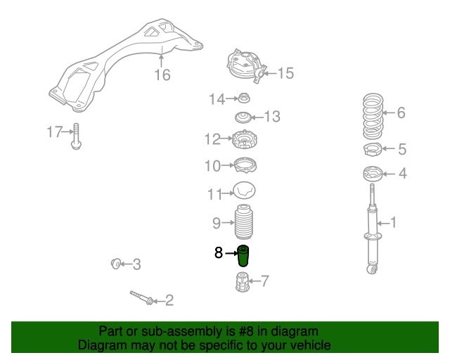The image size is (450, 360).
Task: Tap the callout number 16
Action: coord(162,75)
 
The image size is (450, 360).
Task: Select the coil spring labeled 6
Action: coord(373,116)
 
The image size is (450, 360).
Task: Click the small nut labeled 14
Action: coord(244,98)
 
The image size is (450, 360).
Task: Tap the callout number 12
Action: coord(212,139)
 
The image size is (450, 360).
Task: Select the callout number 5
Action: coord(402,149)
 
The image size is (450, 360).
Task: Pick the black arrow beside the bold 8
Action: coord(231,253)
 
